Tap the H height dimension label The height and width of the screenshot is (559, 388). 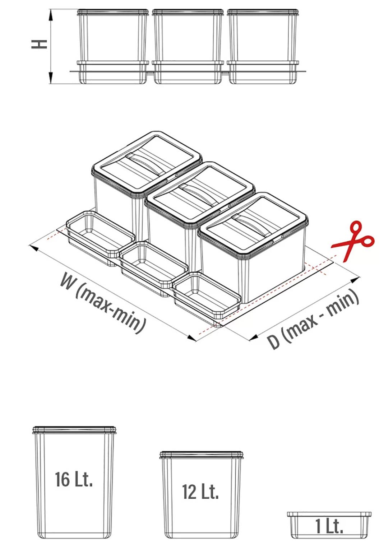coord(39,44)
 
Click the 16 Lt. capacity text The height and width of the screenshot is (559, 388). coord(74,479)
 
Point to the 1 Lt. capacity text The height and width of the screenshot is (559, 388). coord(329,526)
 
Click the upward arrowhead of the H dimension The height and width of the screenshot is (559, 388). coord(51,15)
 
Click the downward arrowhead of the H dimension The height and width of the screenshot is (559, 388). coord(51,78)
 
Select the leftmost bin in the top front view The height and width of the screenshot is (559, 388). coord(113,47)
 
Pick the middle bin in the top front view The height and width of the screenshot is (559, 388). coord(188,47)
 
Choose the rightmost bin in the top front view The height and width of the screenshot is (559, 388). coord(263,47)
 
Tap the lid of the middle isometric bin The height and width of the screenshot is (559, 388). coord(200,194)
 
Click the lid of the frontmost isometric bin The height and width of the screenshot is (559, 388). coord(253,224)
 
